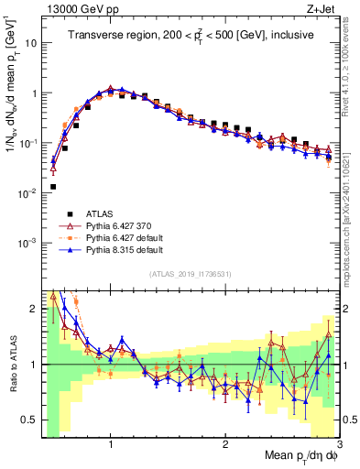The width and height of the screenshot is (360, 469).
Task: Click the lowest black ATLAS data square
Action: point(53,187)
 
